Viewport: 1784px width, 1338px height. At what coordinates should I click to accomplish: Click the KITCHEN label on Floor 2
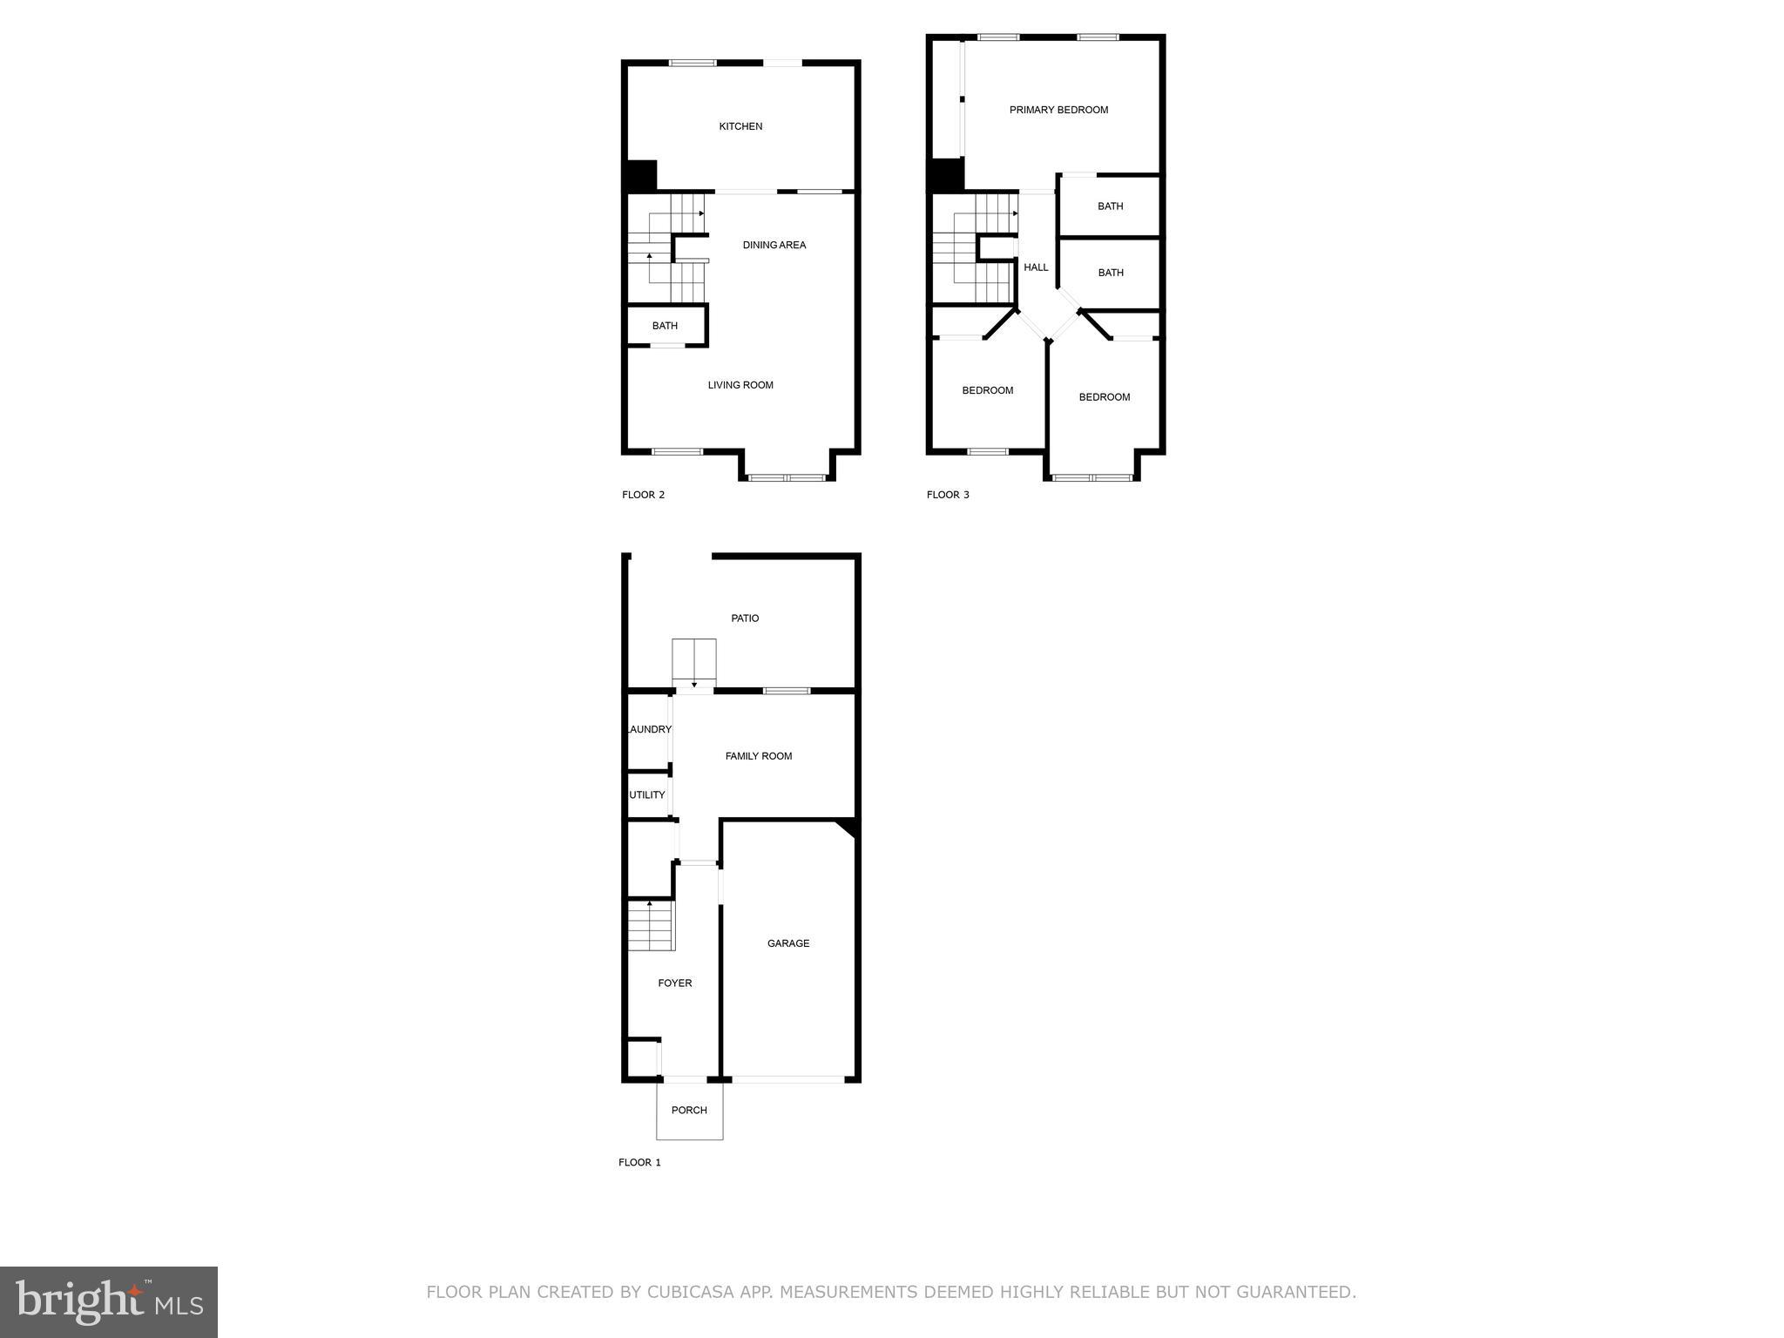pos(740,126)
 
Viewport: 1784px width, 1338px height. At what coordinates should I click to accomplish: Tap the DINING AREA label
pos(774,245)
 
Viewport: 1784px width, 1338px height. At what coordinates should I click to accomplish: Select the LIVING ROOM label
pos(740,385)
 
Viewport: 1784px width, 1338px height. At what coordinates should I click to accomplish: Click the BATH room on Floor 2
pos(665,326)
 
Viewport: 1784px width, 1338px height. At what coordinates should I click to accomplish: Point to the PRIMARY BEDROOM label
pos(1058,110)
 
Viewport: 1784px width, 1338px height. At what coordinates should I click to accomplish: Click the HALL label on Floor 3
pos(1036,267)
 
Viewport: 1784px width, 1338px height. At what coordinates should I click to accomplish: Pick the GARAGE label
pos(788,943)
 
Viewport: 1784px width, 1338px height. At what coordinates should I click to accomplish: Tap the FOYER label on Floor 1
pos(674,983)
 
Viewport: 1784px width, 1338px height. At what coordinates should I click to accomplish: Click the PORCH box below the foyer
pos(689,1111)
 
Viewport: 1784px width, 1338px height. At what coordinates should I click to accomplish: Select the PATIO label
pos(745,618)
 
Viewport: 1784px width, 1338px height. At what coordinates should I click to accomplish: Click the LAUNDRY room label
pos(649,730)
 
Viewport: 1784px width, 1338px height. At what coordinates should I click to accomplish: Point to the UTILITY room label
pos(647,795)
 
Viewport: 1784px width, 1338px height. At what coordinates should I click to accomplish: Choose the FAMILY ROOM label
pos(758,756)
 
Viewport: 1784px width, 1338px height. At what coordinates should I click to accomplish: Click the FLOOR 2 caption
pos(643,495)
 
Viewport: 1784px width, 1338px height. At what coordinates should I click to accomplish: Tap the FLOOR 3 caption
pos(948,495)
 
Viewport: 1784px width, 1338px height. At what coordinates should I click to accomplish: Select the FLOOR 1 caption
pos(639,1162)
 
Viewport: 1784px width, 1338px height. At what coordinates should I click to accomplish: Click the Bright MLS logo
pos(109,1302)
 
